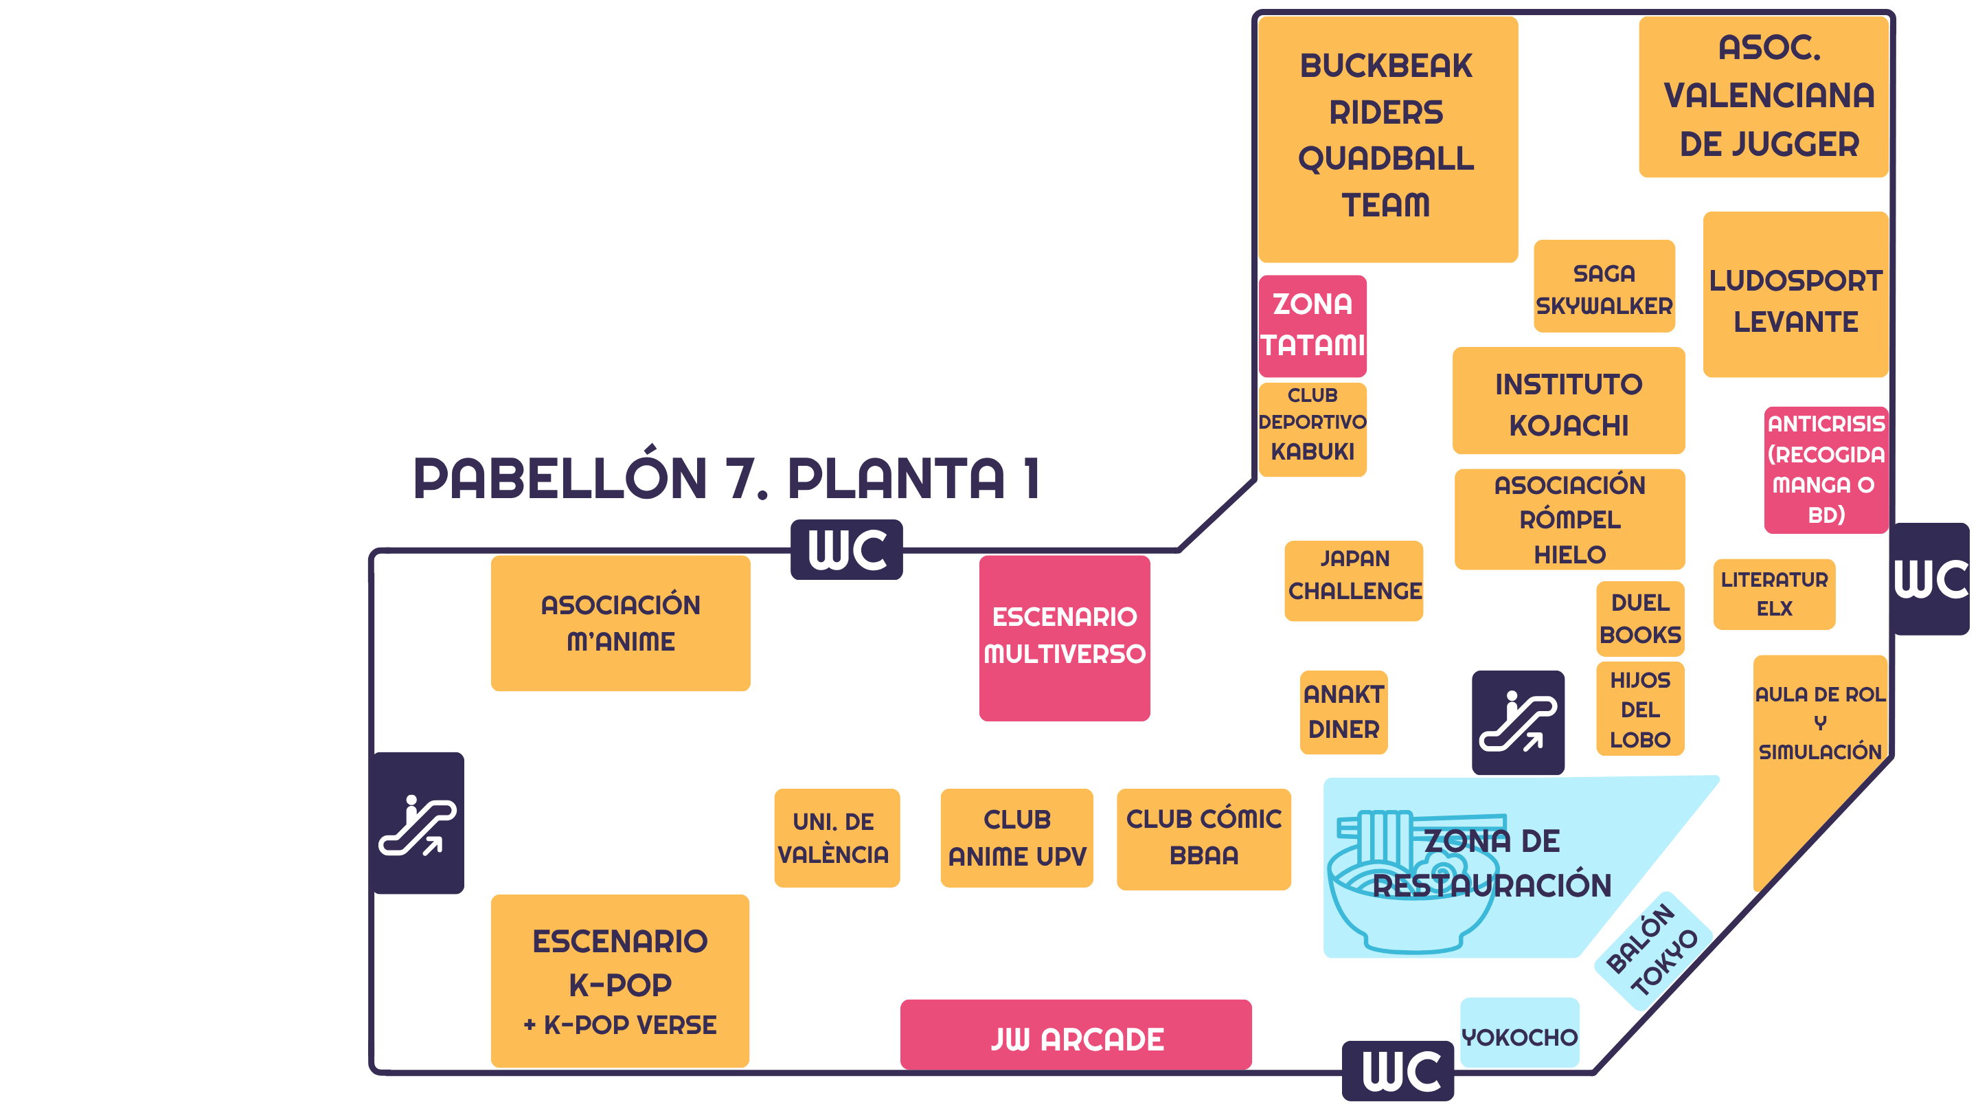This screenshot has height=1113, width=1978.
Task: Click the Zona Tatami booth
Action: (1312, 326)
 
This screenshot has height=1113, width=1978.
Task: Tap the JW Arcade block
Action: (1076, 1035)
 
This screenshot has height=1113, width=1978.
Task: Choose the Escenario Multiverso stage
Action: (1065, 638)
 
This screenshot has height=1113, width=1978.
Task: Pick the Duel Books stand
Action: (1640, 618)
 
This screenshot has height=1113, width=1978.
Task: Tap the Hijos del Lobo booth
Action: (1640, 709)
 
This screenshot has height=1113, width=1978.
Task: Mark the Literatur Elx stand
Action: (1774, 594)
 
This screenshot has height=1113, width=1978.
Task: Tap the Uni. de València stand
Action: (837, 838)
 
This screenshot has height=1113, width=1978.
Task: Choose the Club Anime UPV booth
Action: (1016, 838)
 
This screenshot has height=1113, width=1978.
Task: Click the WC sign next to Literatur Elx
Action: (1929, 579)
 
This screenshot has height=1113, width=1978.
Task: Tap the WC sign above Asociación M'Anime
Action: (846, 550)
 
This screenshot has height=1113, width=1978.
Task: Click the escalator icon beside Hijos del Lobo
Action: (1518, 722)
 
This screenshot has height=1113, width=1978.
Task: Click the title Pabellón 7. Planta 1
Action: (726, 477)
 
